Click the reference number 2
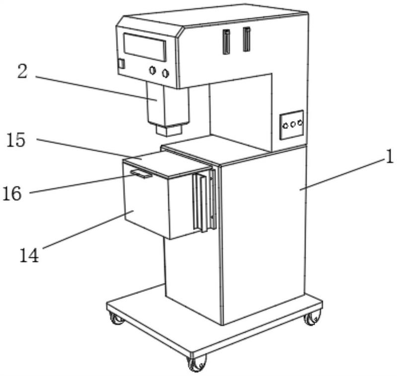point(22,71)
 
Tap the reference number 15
point(16,140)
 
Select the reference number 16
point(12,194)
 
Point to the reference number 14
point(29,255)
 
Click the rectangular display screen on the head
point(145,47)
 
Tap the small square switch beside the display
point(122,64)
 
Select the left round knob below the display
point(152,70)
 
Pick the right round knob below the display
point(165,73)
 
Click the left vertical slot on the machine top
point(226,42)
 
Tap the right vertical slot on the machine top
point(246,39)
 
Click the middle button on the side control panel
point(293,124)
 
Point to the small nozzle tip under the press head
point(169,130)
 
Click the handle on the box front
point(141,174)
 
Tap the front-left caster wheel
point(117,319)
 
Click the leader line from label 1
point(343,174)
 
